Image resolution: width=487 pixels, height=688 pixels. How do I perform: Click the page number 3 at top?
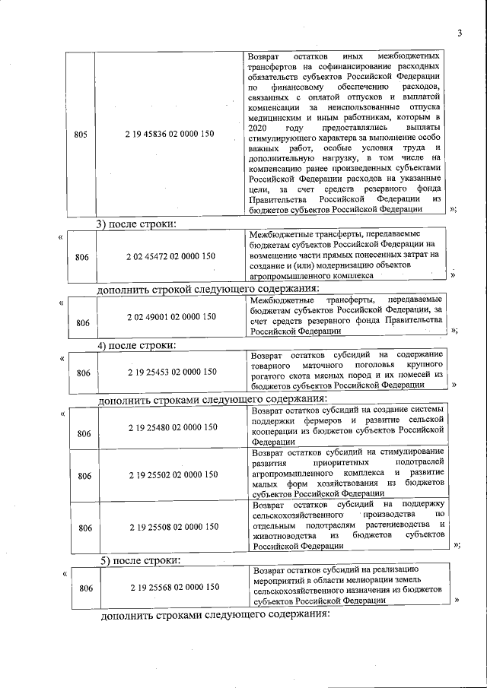460,32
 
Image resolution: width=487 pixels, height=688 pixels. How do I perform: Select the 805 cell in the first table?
81,135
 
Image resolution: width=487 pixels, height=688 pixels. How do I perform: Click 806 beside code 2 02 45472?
82,257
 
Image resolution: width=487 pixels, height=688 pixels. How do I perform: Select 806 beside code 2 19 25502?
84,476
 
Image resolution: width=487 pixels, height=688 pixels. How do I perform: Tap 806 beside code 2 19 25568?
86,588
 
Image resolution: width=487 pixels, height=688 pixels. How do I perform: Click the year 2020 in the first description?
260,130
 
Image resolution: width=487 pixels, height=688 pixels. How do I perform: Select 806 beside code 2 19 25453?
84,373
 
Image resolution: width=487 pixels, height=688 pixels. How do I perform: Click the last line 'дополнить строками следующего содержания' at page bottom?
215,614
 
